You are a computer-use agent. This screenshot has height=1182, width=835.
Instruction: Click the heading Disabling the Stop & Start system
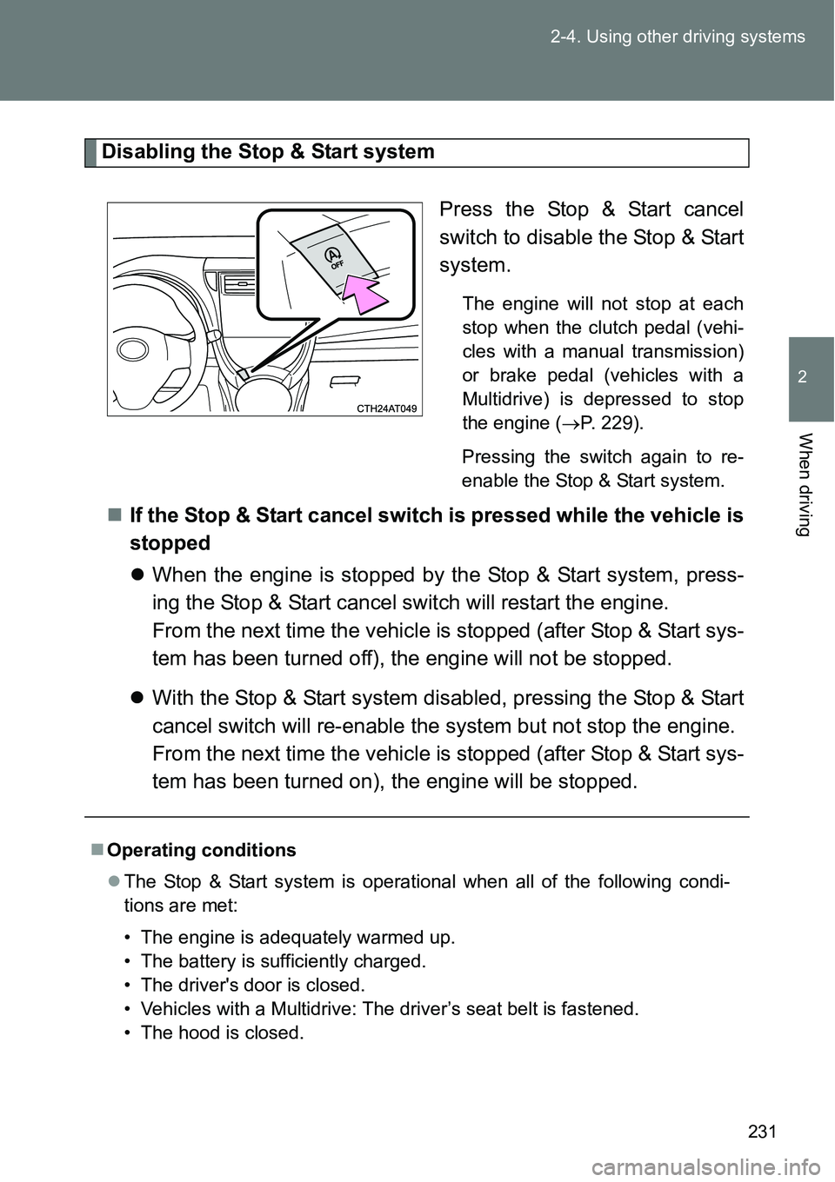tap(268, 152)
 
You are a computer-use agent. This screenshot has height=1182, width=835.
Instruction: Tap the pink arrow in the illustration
tap(366, 295)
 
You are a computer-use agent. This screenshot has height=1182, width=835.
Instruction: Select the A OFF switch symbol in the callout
tap(332, 258)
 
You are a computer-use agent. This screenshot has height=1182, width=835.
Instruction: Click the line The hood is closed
tap(222, 1033)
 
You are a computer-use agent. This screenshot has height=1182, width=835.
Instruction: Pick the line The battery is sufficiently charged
tap(284, 960)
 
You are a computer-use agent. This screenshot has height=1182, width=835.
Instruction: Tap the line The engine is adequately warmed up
tap(297, 937)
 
